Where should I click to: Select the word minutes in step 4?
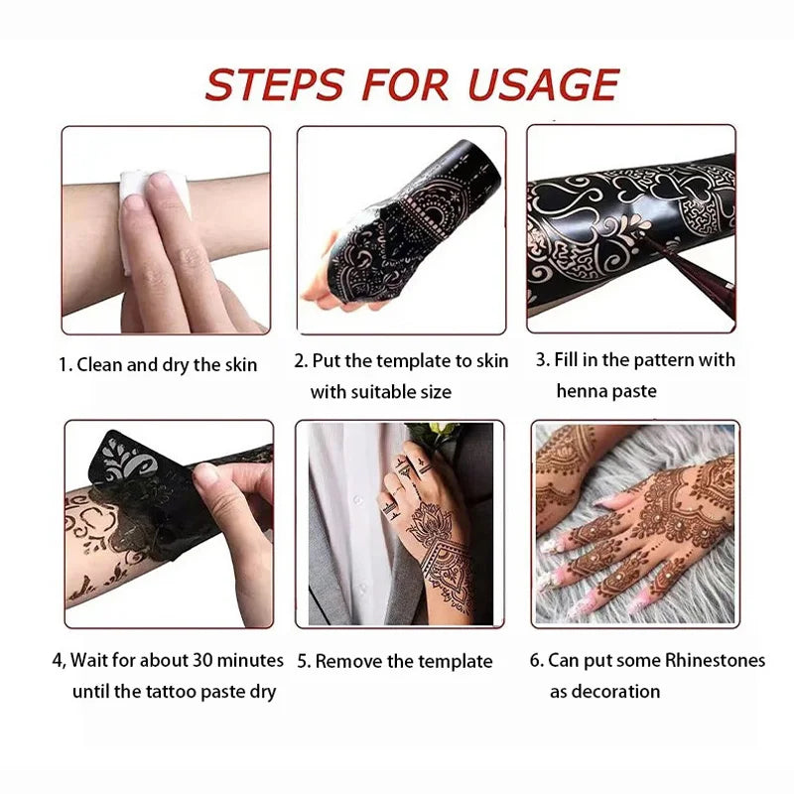251,660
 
